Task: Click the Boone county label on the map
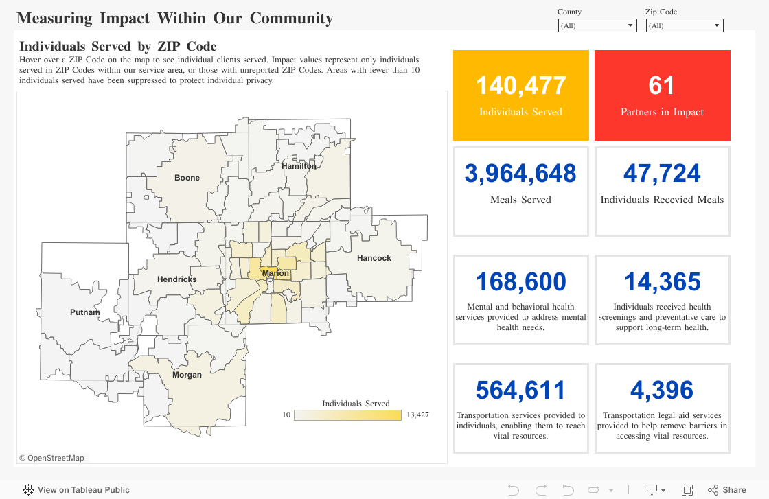187,178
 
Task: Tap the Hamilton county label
299,166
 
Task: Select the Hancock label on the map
374,258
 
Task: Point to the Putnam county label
85,312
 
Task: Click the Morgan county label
187,375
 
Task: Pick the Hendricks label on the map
176,279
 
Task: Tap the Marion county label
276,273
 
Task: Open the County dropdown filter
597,25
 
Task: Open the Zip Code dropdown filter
685,25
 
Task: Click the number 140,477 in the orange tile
520,86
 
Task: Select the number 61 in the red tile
662,86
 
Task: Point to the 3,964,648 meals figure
520,174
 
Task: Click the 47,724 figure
662,174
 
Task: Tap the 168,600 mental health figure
520,282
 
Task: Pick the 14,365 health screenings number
662,282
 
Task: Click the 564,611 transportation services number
520,391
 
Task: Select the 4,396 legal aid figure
662,391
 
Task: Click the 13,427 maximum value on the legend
417,415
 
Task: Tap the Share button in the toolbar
727,489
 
